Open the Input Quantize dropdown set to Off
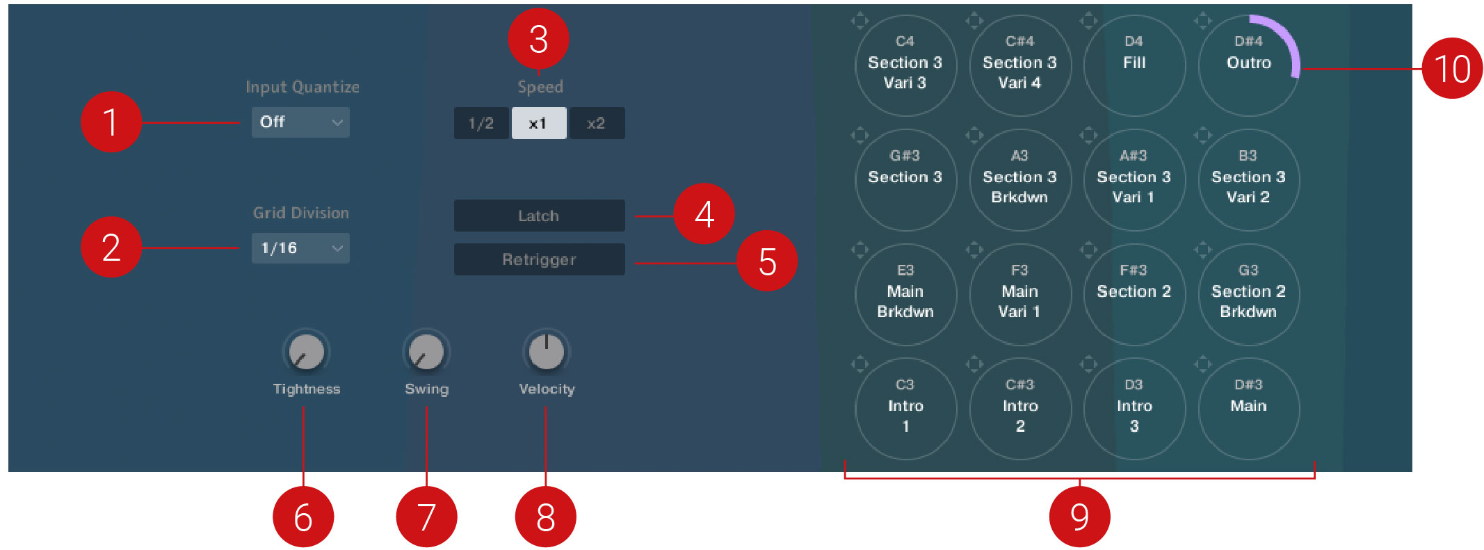coord(300,122)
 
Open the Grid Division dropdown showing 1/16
coord(300,248)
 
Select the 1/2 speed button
coord(481,124)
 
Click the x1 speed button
coord(539,124)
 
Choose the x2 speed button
coord(597,124)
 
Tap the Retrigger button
coord(539,259)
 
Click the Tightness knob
coord(306,352)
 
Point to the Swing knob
coord(426,352)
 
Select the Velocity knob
coord(547,352)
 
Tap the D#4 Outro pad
coord(1248,65)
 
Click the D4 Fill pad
coord(1134,65)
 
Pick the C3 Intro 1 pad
coord(905,409)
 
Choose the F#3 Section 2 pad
coord(1134,294)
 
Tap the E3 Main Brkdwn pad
coord(905,294)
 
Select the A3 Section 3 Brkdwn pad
coord(1019,180)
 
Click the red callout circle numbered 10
coord(1452,68)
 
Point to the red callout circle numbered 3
coord(538,39)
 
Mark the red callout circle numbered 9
coord(1079,517)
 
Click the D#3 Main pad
coord(1248,409)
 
